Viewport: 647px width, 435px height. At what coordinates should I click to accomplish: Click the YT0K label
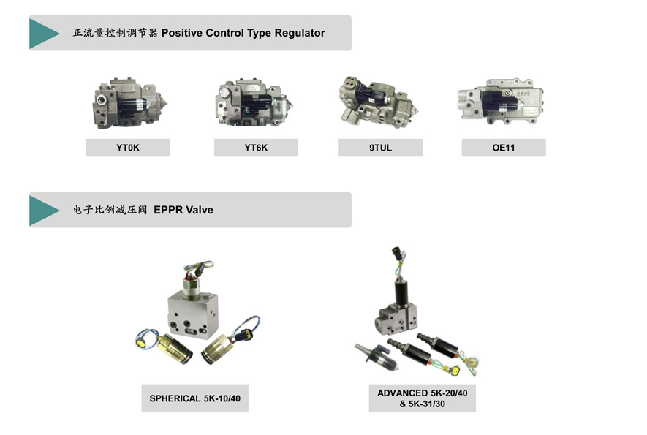click(127, 148)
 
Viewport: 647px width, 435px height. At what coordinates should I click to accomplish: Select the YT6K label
click(256, 148)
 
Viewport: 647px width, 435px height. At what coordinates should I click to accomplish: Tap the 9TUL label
click(380, 148)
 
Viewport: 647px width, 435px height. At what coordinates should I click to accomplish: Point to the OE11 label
click(504, 148)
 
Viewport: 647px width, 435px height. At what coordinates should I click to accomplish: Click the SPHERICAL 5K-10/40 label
click(194, 398)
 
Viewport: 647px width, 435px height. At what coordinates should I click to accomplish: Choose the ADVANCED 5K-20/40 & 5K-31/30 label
click(422, 398)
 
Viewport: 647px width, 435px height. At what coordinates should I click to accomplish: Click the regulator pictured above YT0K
click(129, 104)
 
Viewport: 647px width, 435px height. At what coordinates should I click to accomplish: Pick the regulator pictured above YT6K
click(254, 103)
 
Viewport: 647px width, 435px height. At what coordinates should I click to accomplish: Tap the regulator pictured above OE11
click(501, 102)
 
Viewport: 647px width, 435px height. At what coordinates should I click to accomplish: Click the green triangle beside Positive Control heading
click(44, 33)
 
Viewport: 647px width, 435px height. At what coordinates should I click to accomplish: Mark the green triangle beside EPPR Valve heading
click(44, 210)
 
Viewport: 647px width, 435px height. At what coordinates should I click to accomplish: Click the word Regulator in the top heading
click(300, 33)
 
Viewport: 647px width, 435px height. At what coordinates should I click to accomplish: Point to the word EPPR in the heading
click(167, 210)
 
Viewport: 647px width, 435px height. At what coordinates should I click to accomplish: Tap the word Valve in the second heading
click(198, 210)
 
